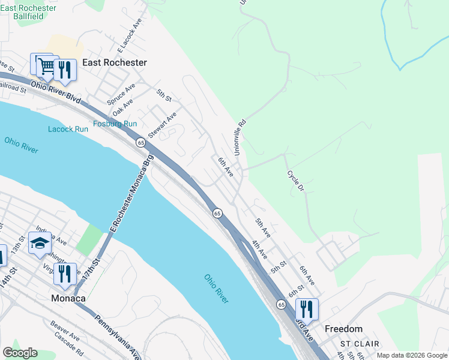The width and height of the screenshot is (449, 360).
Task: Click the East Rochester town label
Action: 115,62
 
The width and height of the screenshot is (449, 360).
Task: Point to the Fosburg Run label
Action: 115,124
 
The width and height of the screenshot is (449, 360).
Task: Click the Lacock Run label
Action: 68,129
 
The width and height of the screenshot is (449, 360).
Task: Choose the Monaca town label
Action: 68,298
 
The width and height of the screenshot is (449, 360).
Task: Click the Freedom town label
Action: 343,329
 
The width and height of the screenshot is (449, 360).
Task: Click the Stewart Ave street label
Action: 162,125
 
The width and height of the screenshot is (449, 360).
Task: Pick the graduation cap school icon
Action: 40,243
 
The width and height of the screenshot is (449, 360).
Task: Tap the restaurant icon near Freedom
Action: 307,309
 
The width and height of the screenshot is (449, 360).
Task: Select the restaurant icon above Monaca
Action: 65,274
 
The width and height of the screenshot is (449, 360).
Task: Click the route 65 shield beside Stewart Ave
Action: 140,142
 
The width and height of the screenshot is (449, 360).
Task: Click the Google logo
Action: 20,353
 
